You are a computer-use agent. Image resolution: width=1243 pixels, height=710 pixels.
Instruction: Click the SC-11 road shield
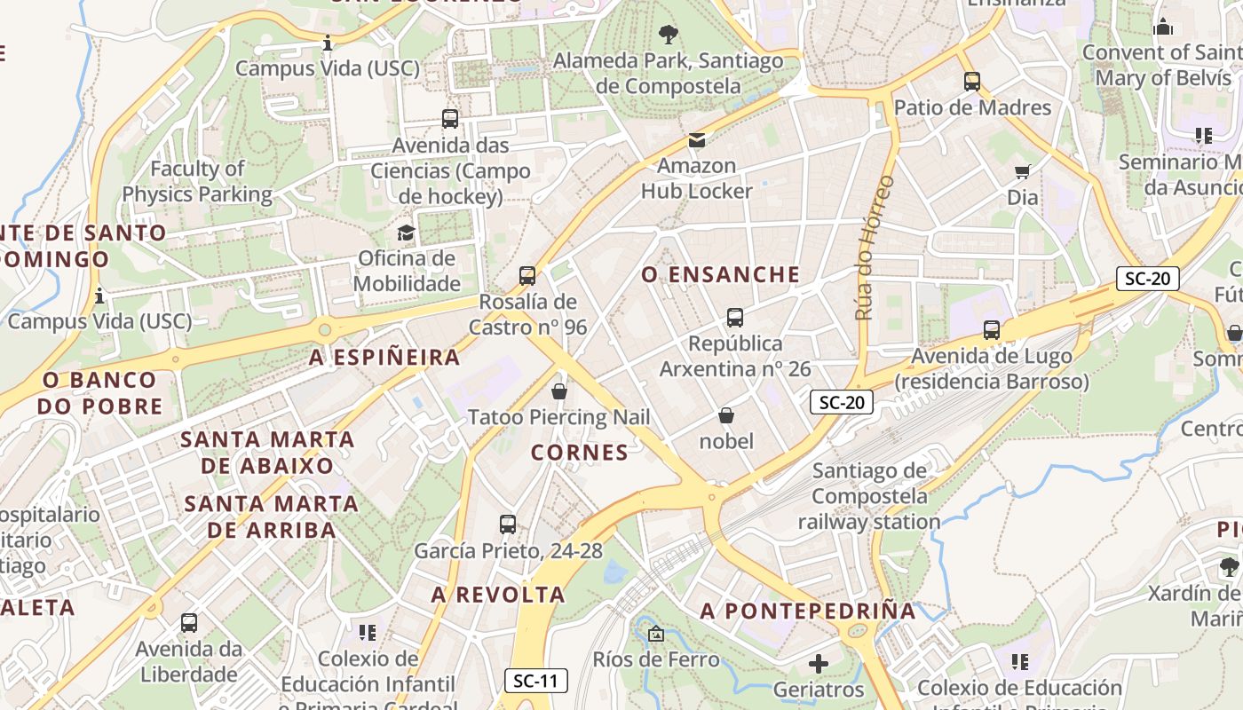tap(536, 681)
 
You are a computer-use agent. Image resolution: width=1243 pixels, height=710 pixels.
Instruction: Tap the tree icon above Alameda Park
tap(669, 35)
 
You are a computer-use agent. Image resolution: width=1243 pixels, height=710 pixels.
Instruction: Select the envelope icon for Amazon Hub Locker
tap(697, 139)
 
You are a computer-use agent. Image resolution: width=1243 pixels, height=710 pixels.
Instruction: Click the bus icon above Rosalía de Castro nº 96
tap(527, 276)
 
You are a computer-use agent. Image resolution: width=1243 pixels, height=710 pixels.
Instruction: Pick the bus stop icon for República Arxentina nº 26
tap(735, 317)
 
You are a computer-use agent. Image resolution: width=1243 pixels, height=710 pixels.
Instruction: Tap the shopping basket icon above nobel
tap(726, 415)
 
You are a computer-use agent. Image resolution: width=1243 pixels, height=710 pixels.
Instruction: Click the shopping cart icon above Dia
tap(1023, 171)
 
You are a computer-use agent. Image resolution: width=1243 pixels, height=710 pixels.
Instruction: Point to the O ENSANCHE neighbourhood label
tap(721, 275)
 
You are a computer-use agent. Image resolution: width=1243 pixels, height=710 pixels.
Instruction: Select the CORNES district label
tap(580, 453)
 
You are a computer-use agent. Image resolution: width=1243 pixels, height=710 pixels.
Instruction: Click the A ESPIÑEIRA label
tap(384, 358)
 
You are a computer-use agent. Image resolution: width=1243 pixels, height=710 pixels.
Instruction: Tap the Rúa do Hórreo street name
tap(875, 247)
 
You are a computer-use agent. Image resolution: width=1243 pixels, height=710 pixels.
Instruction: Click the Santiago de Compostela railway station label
tap(869, 496)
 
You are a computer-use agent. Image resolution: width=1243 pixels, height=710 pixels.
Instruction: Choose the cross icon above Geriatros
tap(819, 663)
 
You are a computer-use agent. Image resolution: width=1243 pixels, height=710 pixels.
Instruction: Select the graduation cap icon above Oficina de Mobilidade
tap(406, 233)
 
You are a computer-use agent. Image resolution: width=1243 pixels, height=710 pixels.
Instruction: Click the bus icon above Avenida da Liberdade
tap(189, 623)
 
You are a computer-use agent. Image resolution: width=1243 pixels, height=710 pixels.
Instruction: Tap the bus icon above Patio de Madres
tap(972, 82)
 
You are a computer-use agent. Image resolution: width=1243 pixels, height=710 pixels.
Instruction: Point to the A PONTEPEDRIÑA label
tap(808, 611)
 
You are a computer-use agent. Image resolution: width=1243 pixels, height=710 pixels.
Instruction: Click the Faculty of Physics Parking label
tap(197, 181)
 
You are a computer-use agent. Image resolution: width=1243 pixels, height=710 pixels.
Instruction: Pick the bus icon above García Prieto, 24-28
tap(508, 525)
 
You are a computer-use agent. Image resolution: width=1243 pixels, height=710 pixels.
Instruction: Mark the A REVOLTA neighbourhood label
tap(498, 595)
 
